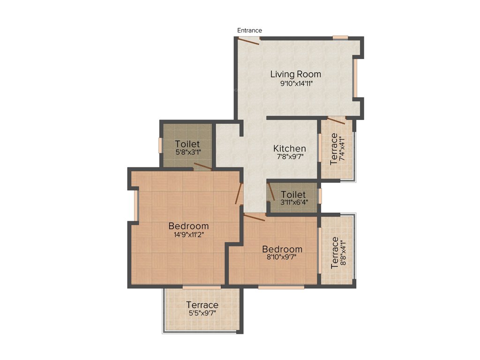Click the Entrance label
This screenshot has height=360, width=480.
click(249, 30)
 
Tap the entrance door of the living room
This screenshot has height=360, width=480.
click(249, 41)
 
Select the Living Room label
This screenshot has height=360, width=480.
click(295, 74)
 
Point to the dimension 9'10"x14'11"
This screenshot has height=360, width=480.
click(295, 84)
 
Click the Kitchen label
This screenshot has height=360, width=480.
click(290, 149)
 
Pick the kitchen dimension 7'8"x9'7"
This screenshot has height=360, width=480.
click(290, 157)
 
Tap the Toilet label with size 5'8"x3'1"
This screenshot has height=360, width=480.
click(187, 144)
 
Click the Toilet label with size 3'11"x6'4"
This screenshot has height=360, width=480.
click(293, 195)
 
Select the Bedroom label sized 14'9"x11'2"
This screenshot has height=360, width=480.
click(188, 226)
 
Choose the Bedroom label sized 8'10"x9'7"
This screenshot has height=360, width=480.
click(282, 249)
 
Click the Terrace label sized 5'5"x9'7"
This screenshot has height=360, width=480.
click(202, 305)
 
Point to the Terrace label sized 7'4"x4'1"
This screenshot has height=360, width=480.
click(334, 149)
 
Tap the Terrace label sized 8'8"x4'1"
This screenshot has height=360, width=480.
click(335, 252)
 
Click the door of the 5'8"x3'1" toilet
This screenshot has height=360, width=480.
click(202, 166)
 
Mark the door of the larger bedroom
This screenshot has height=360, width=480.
click(239, 193)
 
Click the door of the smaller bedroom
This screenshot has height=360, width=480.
click(255, 217)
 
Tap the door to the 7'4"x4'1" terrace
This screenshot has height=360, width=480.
click(337, 120)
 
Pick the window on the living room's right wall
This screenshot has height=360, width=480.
click(355, 78)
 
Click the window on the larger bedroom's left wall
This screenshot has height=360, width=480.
click(135, 205)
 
